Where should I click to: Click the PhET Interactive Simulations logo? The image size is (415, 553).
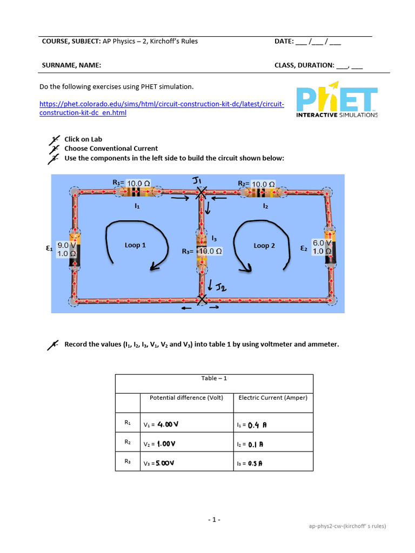[x=337, y=99]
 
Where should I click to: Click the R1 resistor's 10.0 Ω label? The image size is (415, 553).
[x=139, y=184]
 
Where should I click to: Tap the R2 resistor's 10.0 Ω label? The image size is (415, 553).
[x=263, y=184]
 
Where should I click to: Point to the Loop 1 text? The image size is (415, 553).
[x=135, y=245]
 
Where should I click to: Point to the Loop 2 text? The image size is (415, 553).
[x=264, y=246]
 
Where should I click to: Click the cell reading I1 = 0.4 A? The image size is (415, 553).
[x=273, y=424]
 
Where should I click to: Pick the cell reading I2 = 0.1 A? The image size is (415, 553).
[x=273, y=443]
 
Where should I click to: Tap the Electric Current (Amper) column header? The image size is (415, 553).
[x=273, y=397]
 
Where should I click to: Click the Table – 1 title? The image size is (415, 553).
[x=214, y=378]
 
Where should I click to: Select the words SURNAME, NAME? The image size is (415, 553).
[x=71, y=65]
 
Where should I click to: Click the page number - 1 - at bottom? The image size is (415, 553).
[x=215, y=520]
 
